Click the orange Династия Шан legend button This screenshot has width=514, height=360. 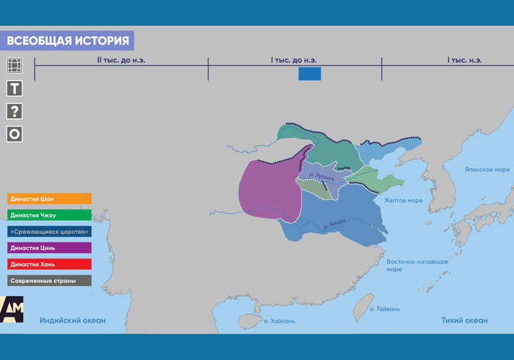click(x=49, y=199)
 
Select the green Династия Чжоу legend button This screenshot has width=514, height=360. click(x=49, y=215)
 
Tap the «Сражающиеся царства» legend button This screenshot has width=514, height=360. click(x=49, y=231)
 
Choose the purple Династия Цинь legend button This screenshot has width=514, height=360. click(x=49, y=248)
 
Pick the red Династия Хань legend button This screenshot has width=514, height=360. click(x=49, y=264)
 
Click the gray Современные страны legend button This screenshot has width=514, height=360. click(x=49, y=281)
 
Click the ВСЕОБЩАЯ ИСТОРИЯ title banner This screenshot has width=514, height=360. click(x=67, y=40)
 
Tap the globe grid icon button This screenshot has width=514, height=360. click(x=14, y=65)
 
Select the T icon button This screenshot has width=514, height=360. click(x=14, y=88)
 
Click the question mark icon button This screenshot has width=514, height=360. click(x=14, y=111)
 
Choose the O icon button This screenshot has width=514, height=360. click(x=14, y=134)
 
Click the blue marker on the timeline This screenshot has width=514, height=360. click(x=310, y=74)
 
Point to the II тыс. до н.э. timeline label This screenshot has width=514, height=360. click(x=121, y=60)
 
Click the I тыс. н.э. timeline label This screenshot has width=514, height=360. click(x=465, y=60)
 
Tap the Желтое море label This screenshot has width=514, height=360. click(x=403, y=201)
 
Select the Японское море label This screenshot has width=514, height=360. click(x=487, y=170)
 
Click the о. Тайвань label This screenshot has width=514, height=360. click(x=385, y=309)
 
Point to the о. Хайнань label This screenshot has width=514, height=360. click(x=279, y=321)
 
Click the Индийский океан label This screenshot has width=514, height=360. click(x=73, y=320)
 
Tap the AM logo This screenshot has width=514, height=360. click(x=12, y=309)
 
